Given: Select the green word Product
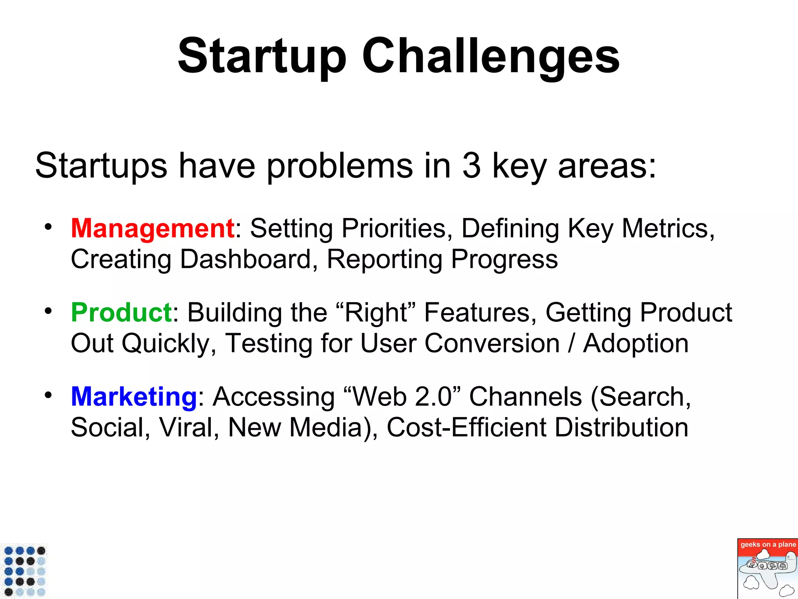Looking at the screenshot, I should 121,312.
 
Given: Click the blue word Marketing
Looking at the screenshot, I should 134,397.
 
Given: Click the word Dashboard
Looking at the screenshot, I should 245,259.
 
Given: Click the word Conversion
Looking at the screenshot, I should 492,344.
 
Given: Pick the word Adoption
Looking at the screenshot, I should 636,344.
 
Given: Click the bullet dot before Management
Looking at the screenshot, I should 48,227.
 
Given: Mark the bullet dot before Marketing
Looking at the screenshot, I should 48,395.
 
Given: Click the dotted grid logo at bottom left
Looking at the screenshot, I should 25,571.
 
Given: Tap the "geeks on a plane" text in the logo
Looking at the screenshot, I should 768,544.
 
